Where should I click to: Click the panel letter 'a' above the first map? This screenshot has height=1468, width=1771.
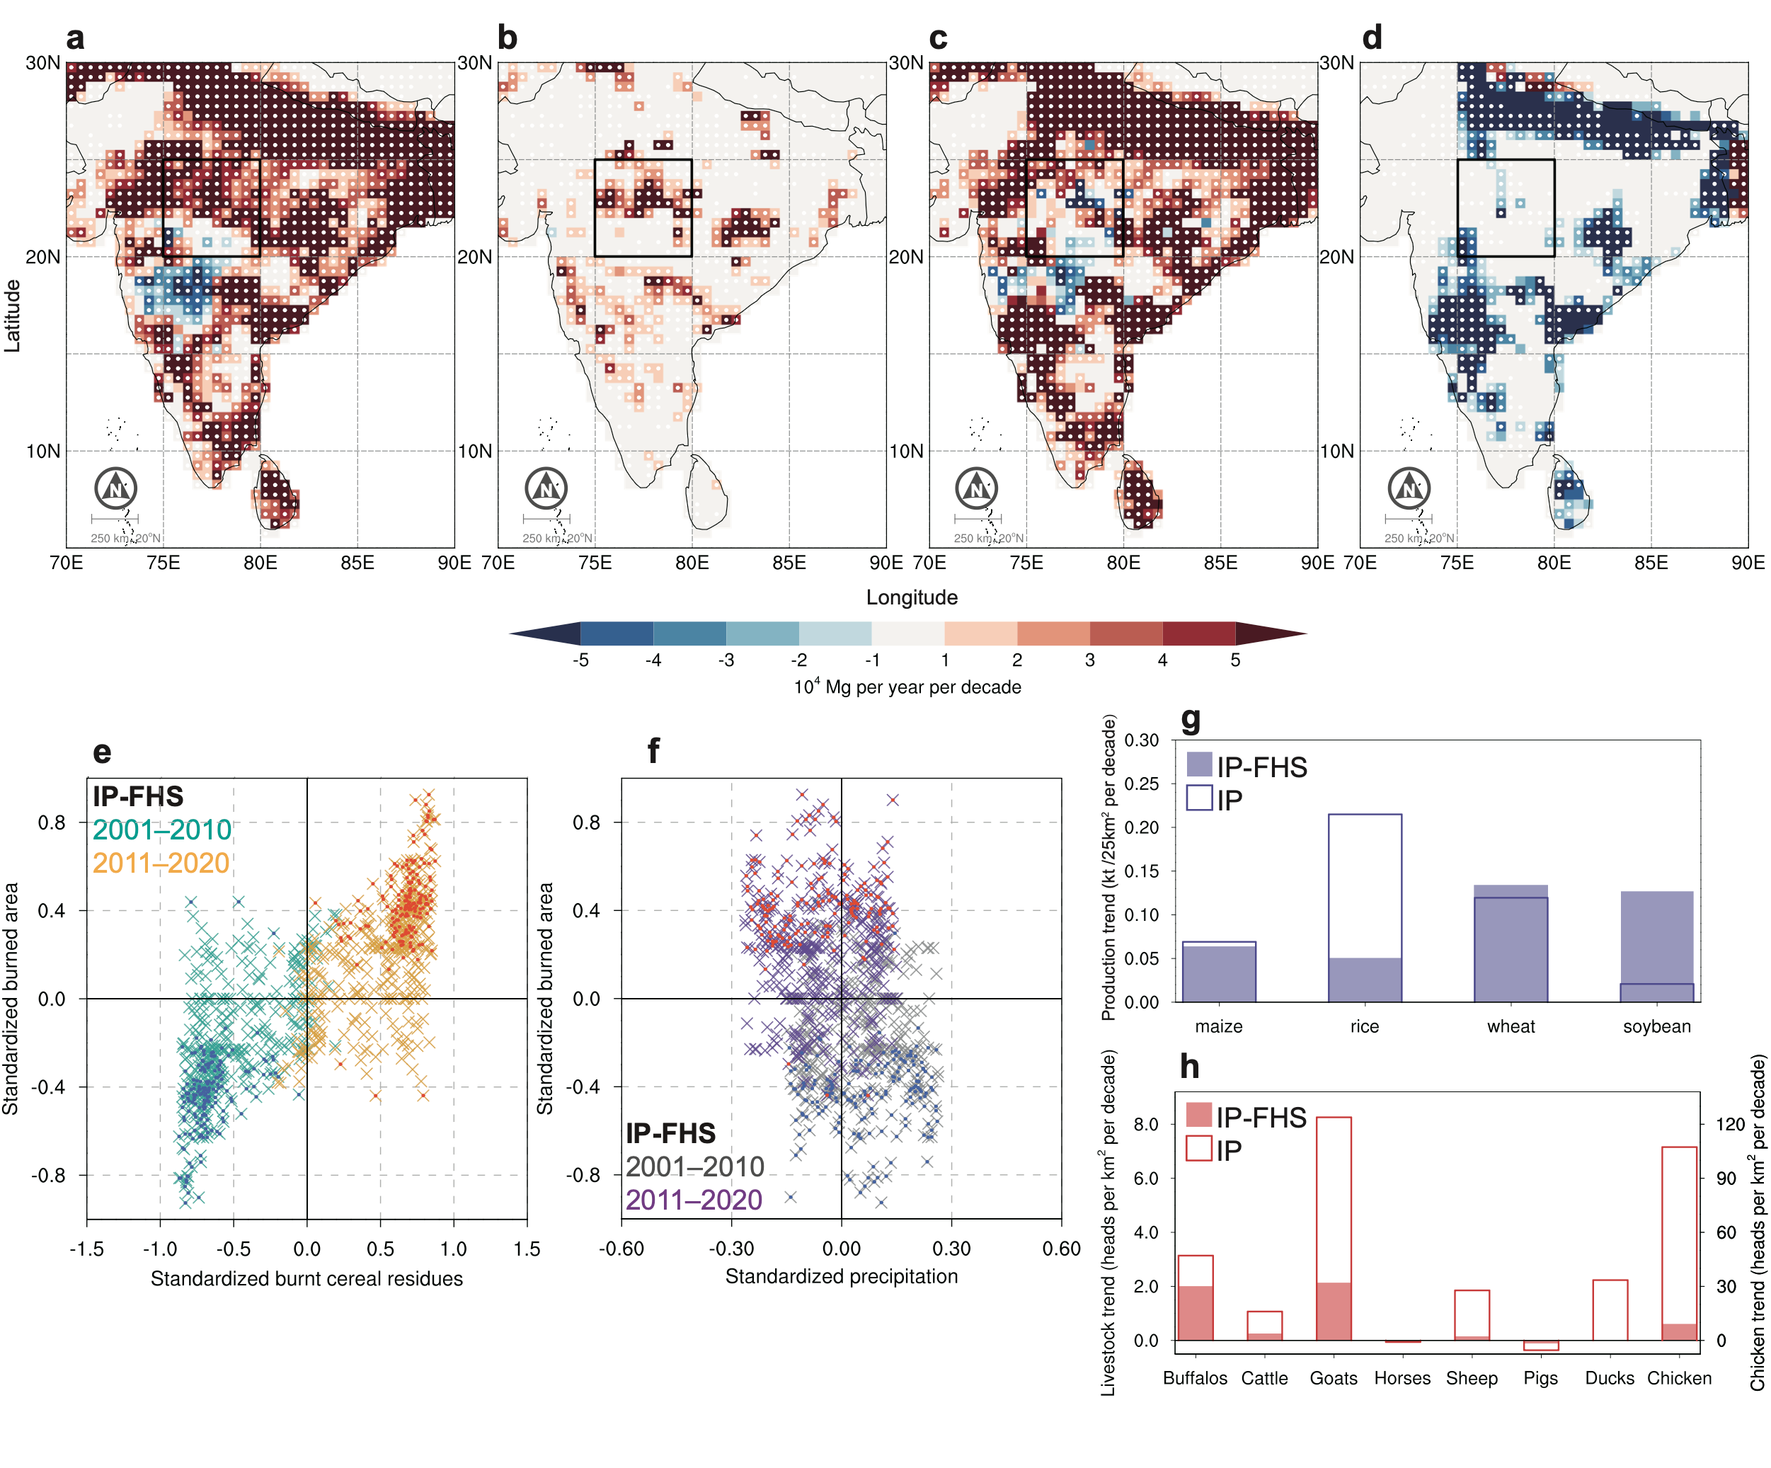(75, 39)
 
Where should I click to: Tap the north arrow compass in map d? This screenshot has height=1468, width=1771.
(1409, 488)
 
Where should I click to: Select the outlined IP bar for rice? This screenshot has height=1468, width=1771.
(1365, 907)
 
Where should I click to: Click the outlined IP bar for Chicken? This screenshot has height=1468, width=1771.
(1679, 1243)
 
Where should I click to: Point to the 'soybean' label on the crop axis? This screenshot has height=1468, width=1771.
(1656, 1026)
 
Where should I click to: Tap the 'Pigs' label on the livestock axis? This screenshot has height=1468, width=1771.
(1540, 1378)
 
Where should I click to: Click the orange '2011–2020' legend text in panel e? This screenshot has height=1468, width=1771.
(161, 863)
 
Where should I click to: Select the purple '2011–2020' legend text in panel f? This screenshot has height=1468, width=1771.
(693, 1199)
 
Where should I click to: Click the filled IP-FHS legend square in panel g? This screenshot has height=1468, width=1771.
(1199, 764)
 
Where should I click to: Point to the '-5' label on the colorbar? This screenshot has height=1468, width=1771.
(580, 660)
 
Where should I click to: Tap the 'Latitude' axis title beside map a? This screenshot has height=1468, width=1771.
(12, 316)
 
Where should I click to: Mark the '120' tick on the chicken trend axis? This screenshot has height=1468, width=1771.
(1730, 1124)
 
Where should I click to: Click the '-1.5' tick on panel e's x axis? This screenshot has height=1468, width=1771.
(86, 1248)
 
